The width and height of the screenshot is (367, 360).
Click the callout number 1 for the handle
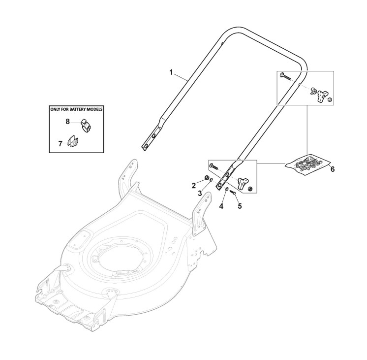(x=171, y=72)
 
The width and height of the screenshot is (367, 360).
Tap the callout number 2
(x=194, y=185)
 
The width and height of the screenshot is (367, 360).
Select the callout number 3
(x=200, y=194)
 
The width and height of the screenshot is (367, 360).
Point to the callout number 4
(x=221, y=206)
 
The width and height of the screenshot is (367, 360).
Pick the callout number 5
(x=240, y=206)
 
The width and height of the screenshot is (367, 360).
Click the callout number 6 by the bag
(x=332, y=169)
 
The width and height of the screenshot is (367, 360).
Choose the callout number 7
(x=60, y=143)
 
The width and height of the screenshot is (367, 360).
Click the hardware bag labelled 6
(x=306, y=165)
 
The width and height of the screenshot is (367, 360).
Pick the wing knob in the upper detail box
(x=322, y=95)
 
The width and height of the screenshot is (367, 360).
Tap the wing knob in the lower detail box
(x=241, y=183)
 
